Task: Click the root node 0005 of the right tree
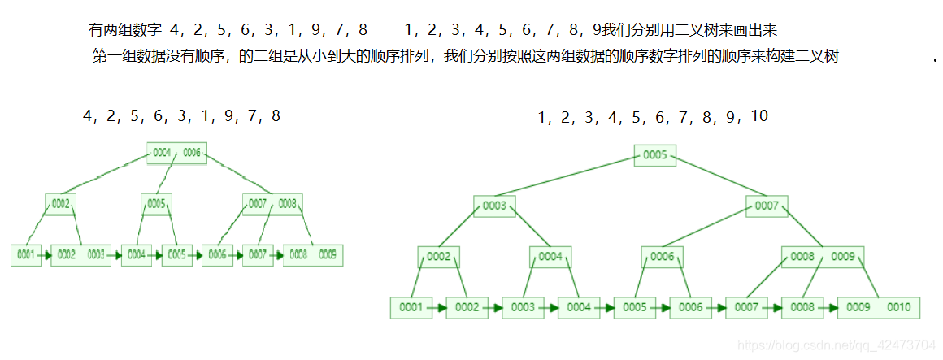654,155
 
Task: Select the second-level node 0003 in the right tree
494,206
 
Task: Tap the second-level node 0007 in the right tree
767,206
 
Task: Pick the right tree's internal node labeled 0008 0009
823,257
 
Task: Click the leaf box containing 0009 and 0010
879,308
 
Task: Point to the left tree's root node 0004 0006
176,153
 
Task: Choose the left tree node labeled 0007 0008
272,204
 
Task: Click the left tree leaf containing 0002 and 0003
80,254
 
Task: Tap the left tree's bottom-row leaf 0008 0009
313,254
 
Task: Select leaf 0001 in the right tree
411,308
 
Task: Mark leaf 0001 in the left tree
26,254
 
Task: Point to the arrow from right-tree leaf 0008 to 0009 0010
830,308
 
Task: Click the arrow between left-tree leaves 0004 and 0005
156,254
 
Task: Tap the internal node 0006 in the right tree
662,257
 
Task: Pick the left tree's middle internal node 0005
157,204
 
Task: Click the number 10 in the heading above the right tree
758,116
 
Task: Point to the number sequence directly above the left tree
181,116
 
